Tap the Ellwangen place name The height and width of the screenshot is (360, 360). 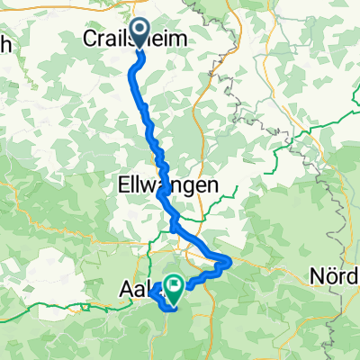(x=167, y=185)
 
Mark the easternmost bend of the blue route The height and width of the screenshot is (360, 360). (x=231, y=262)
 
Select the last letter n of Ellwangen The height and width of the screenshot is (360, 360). (x=212, y=185)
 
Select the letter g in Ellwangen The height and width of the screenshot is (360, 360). (x=185, y=187)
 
